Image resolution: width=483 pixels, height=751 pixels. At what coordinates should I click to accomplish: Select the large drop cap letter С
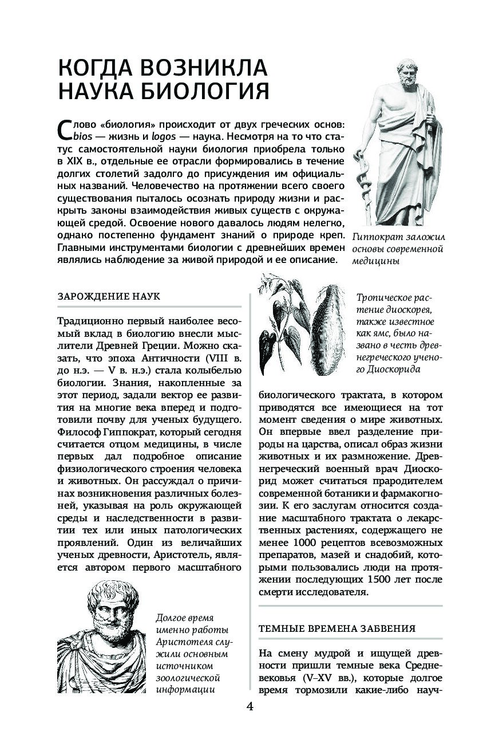coord(65,131)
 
